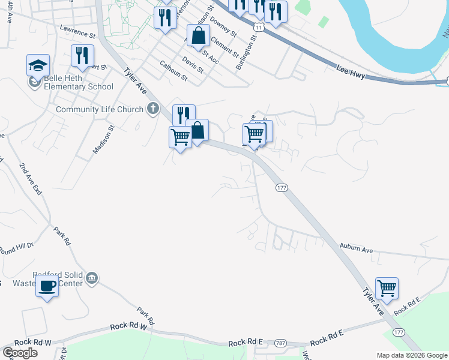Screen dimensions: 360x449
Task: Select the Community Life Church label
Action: point(100,109)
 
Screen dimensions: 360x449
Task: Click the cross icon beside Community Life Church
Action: point(153,109)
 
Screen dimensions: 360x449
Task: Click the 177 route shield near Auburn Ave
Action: point(282,188)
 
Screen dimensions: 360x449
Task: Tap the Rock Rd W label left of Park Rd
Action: point(128,327)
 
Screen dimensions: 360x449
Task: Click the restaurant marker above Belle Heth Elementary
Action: point(82,56)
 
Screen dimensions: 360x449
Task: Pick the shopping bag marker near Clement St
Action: point(198,36)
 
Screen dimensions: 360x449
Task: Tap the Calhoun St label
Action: point(174,70)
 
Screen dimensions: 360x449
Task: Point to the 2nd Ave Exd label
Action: point(29,179)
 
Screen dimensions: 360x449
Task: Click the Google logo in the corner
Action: point(20,353)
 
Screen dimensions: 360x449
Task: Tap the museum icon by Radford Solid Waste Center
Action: point(92,278)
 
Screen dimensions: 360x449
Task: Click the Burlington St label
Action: point(247,52)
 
